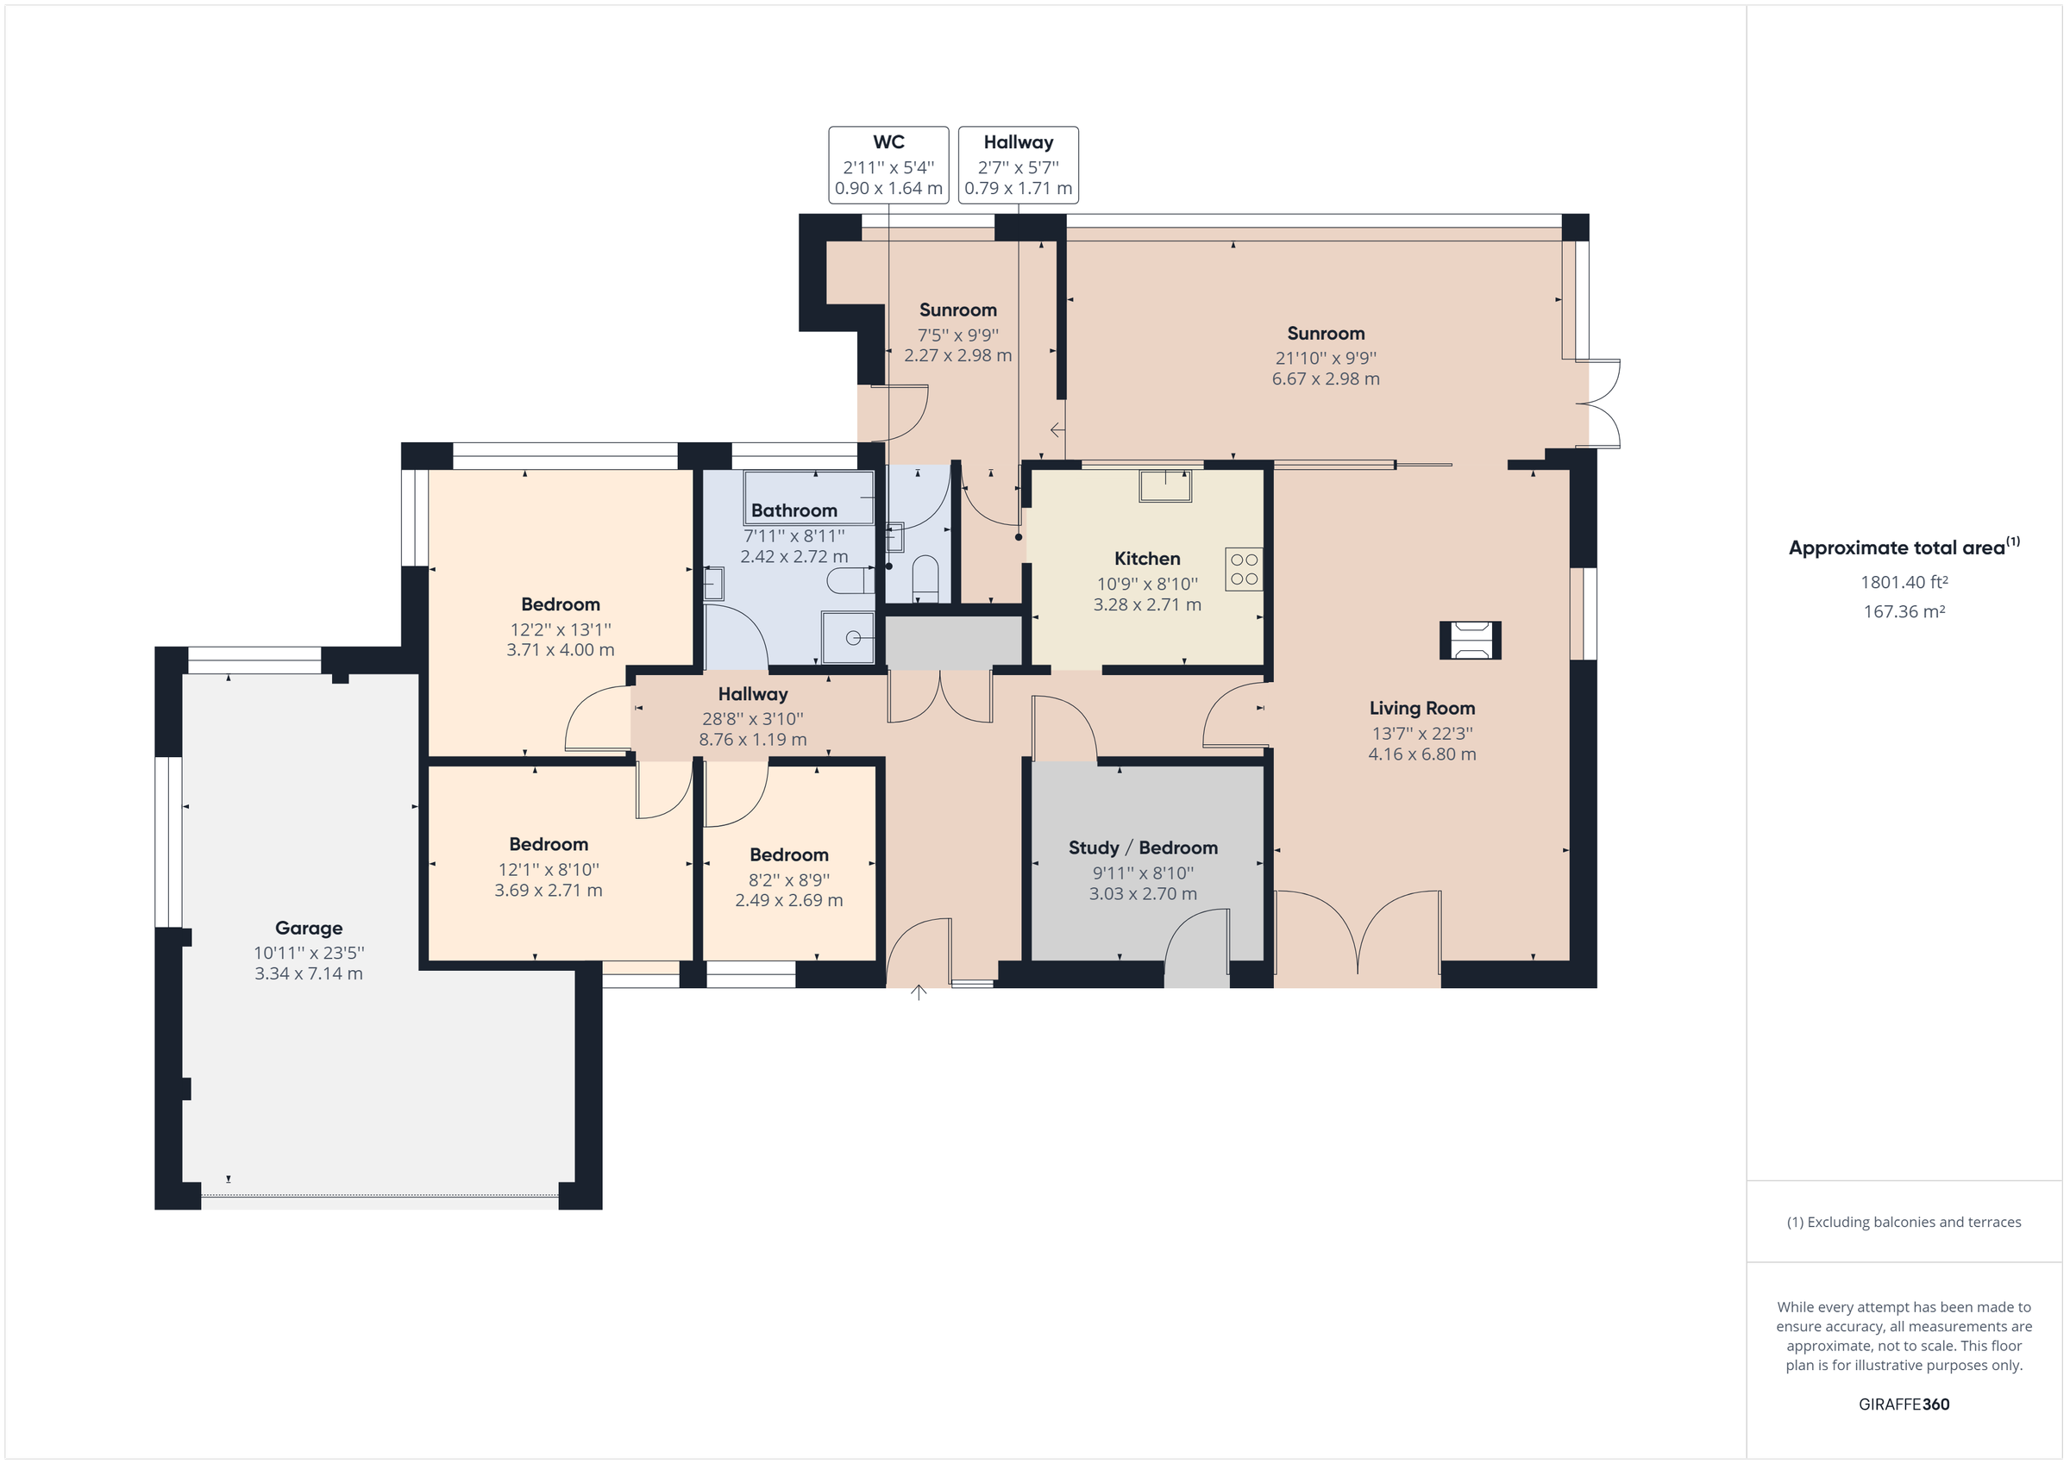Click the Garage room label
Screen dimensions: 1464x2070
pos(308,928)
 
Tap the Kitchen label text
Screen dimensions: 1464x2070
pos(1147,559)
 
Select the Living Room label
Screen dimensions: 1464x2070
pos(1421,709)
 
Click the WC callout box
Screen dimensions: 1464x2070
pos(888,165)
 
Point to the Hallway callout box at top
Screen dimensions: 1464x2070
pos(1018,165)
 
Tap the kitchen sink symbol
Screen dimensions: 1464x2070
pos(1165,485)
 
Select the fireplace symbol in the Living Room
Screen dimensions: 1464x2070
pos(1470,641)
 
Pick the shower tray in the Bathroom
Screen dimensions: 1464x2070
pos(849,637)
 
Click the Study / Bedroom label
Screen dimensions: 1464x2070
pos(1142,848)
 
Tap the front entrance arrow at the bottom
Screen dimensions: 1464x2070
pos(918,992)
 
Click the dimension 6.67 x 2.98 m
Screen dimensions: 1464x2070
pos(1326,379)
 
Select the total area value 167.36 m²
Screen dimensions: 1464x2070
pos(1904,612)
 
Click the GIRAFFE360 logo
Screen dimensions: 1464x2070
pos(1904,1404)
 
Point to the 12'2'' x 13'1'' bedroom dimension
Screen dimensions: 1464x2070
pos(560,629)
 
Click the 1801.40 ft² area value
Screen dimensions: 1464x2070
pos(1904,582)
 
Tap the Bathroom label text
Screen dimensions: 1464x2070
pos(793,511)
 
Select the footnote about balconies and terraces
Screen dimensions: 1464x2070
pos(1904,1223)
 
